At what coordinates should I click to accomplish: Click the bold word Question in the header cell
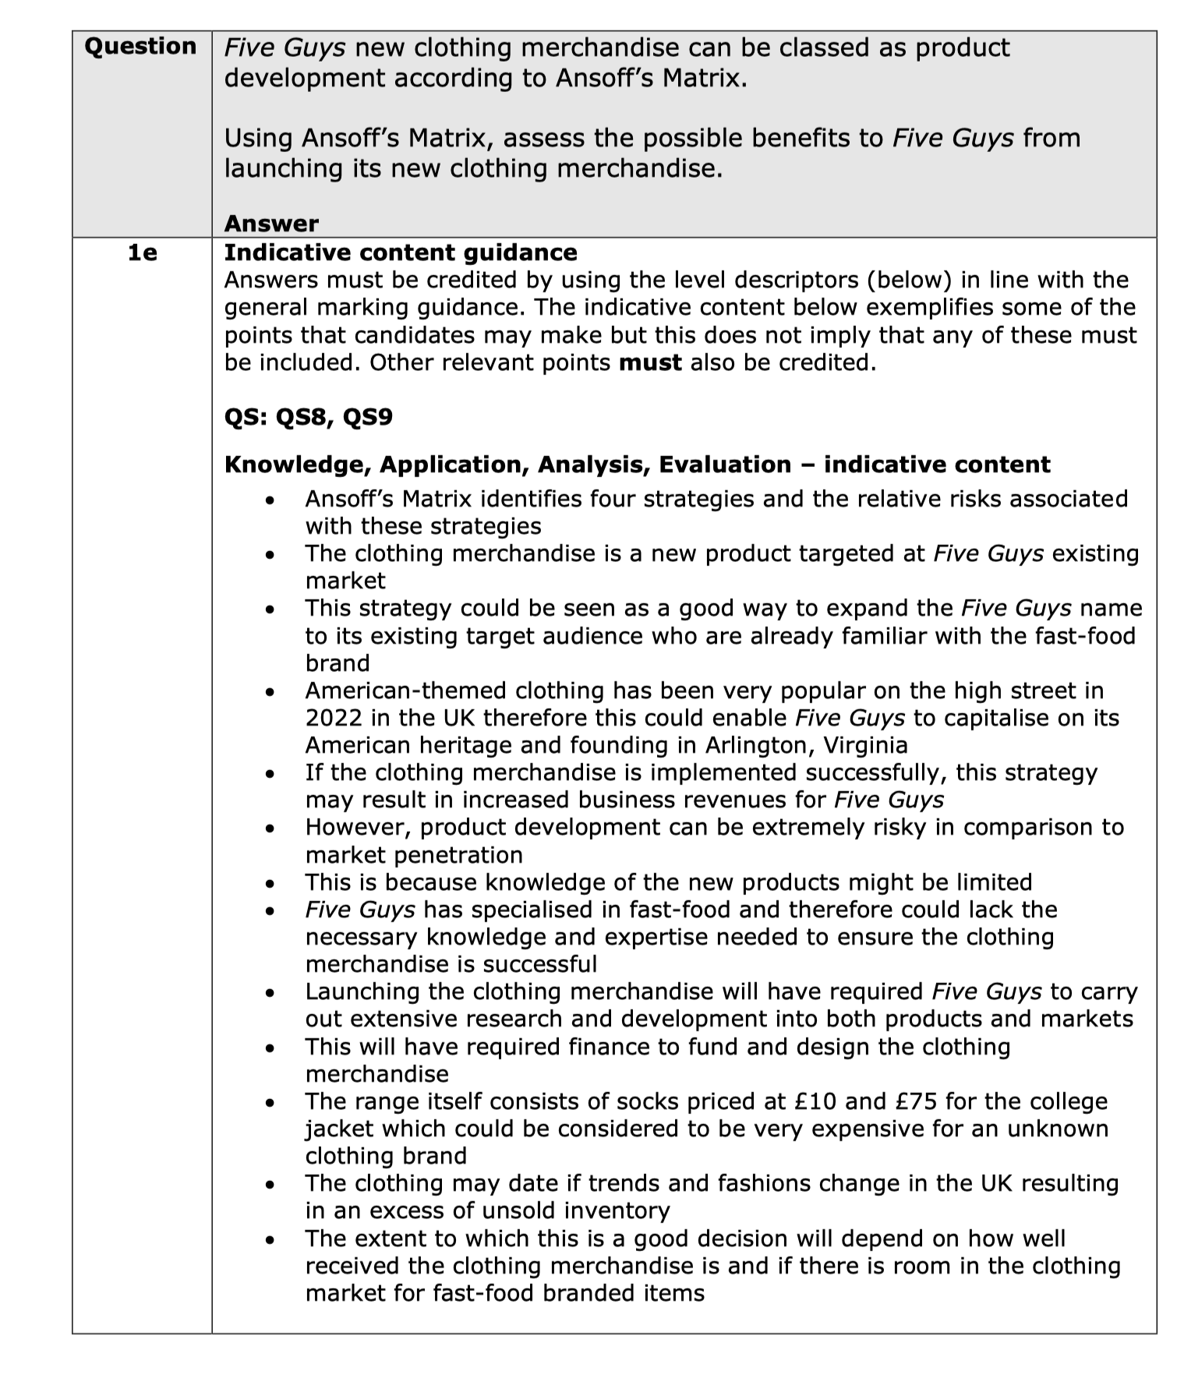pos(140,47)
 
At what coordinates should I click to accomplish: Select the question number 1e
pos(143,253)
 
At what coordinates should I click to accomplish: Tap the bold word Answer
pos(271,224)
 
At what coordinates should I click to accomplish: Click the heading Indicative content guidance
pos(401,253)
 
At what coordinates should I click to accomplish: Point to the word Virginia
pos(865,745)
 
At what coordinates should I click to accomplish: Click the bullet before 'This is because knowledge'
pos(270,883)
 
